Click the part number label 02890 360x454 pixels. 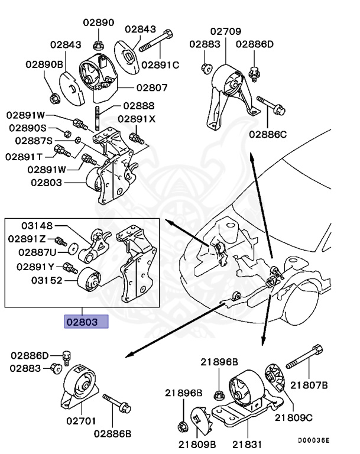click(x=98, y=22)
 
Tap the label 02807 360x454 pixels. click(x=152, y=87)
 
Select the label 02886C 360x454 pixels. click(x=268, y=135)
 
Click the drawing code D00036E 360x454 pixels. click(x=313, y=440)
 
